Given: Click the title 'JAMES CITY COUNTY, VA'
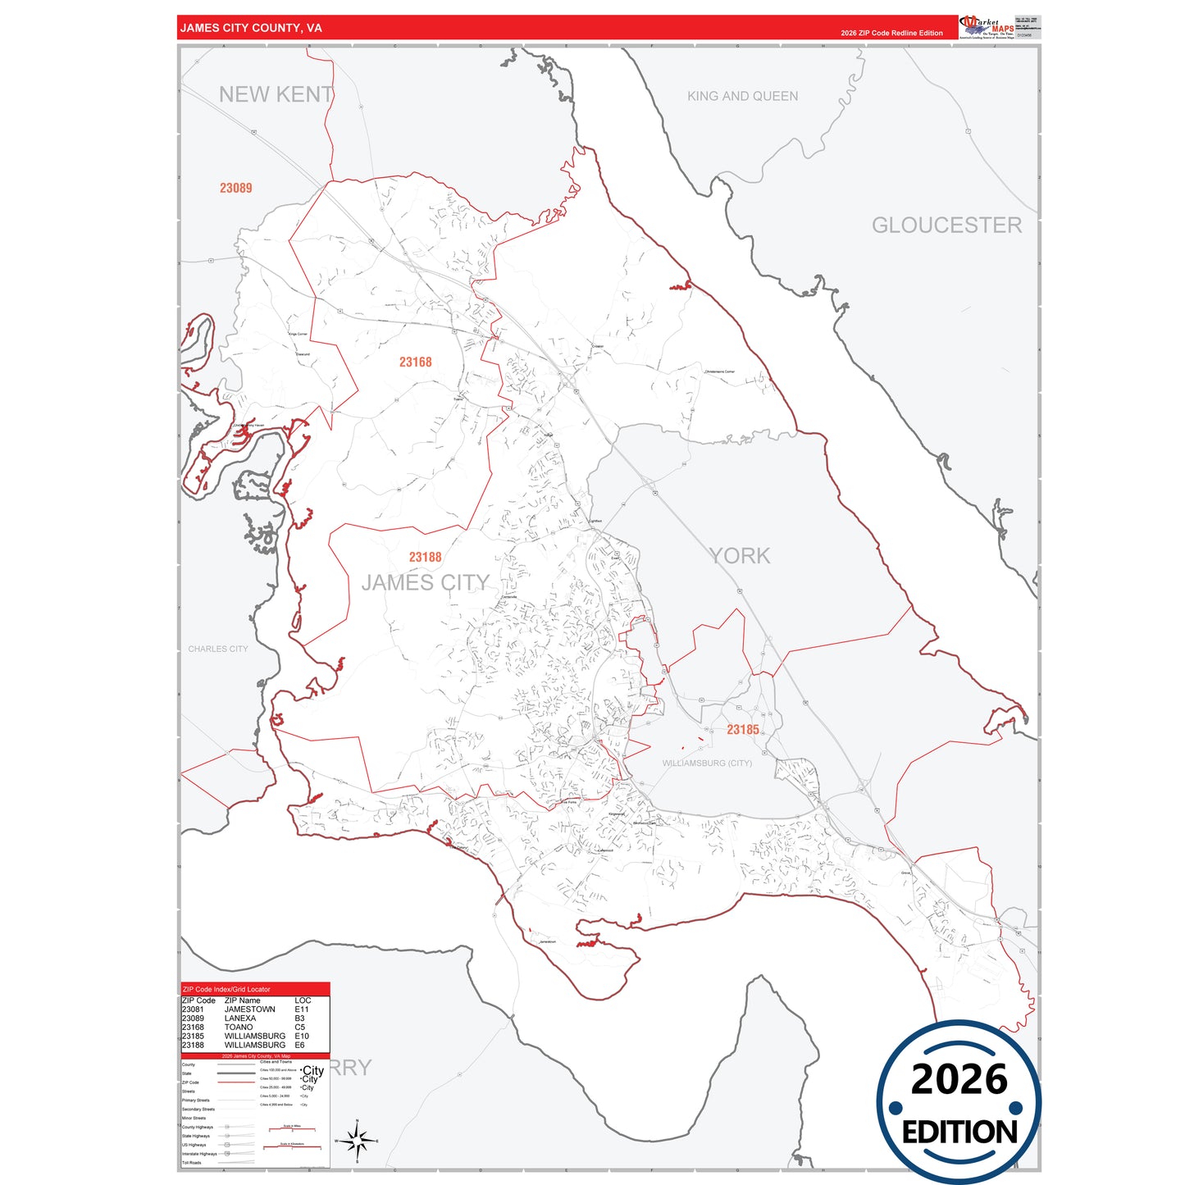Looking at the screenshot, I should point(251,28).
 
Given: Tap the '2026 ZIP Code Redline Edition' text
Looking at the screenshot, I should point(891,33).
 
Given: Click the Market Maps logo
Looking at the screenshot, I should point(987,27).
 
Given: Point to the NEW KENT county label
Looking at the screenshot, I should point(276,95).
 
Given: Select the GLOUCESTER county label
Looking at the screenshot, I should point(946,226).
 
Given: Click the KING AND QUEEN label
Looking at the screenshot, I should point(742,96).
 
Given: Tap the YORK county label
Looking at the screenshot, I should point(740,556).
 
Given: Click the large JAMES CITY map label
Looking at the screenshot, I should point(425,583).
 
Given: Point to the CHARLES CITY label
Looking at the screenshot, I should point(218,649).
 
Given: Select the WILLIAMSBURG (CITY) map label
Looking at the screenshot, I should point(707,763).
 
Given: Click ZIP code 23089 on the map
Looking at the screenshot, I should point(236,188).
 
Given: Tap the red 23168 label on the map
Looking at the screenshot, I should point(416,362).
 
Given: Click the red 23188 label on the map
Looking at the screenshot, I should point(426,558).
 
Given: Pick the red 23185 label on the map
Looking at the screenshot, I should point(743,730).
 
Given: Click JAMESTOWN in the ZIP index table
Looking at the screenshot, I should point(250,1010).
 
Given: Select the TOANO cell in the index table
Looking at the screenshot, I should point(239,1027).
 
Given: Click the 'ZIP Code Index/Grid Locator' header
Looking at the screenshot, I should point(226,989).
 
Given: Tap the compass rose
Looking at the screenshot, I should point(357,1141).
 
